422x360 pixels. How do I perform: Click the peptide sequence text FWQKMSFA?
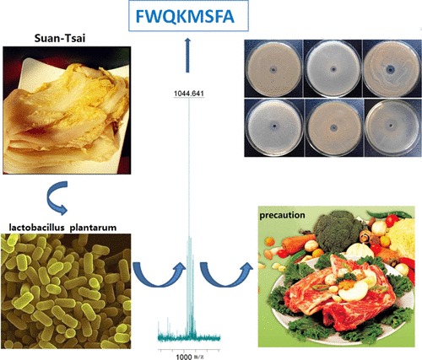click(x=185, y=17)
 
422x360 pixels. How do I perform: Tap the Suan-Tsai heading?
click(x=60, y=38)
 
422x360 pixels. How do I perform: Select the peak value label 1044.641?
click(x=189, y=94)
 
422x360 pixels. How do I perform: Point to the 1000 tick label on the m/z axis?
click(x=184, y=357)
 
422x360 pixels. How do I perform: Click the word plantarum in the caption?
click(x=93, y=228)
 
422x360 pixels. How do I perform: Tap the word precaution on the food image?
click(x=282, y=215)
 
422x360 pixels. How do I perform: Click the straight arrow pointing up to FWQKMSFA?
click(x=187, y=56)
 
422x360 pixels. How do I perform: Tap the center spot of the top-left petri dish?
click(x=273, y=70)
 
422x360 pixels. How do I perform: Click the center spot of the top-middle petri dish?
click(x=333, y=69)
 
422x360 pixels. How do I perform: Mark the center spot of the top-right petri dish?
click(x=390, y=69)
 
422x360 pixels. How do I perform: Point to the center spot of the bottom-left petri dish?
click(x=274, y=126)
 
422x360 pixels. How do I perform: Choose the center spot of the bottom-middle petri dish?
click(x=334, y=128)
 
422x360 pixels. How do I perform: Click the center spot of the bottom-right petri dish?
click(x=391, y=126)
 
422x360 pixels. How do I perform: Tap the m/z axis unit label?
click(x=198, y=357)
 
